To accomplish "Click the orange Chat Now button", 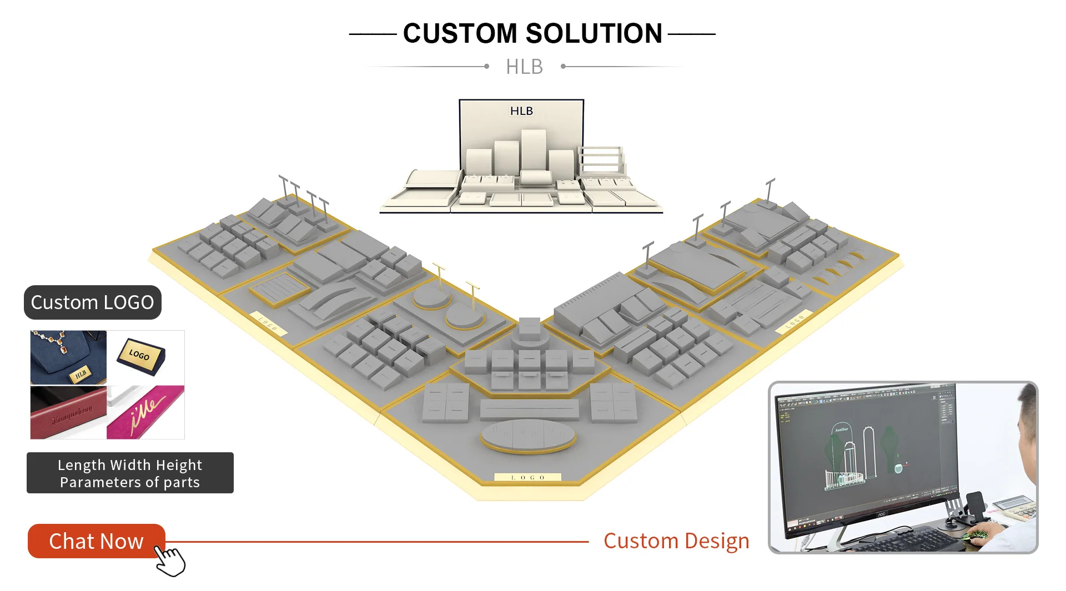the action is pos(96,541).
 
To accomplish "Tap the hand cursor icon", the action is pos(170,560).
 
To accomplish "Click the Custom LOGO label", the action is pos(92,302).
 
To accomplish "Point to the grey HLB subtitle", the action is pos(524,67).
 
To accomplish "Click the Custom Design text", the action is pos(676,541).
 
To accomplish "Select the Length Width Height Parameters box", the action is pos(130,473).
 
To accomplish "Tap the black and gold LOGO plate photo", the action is pos(145,357).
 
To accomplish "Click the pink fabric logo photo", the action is pos(145,412).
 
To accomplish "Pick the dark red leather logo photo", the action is pos(68,412).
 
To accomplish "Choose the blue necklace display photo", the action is pos(68,357).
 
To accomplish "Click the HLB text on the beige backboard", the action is pos(521,111).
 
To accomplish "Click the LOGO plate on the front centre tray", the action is pos(527,477).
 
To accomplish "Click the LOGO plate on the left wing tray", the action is pos(268,324).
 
